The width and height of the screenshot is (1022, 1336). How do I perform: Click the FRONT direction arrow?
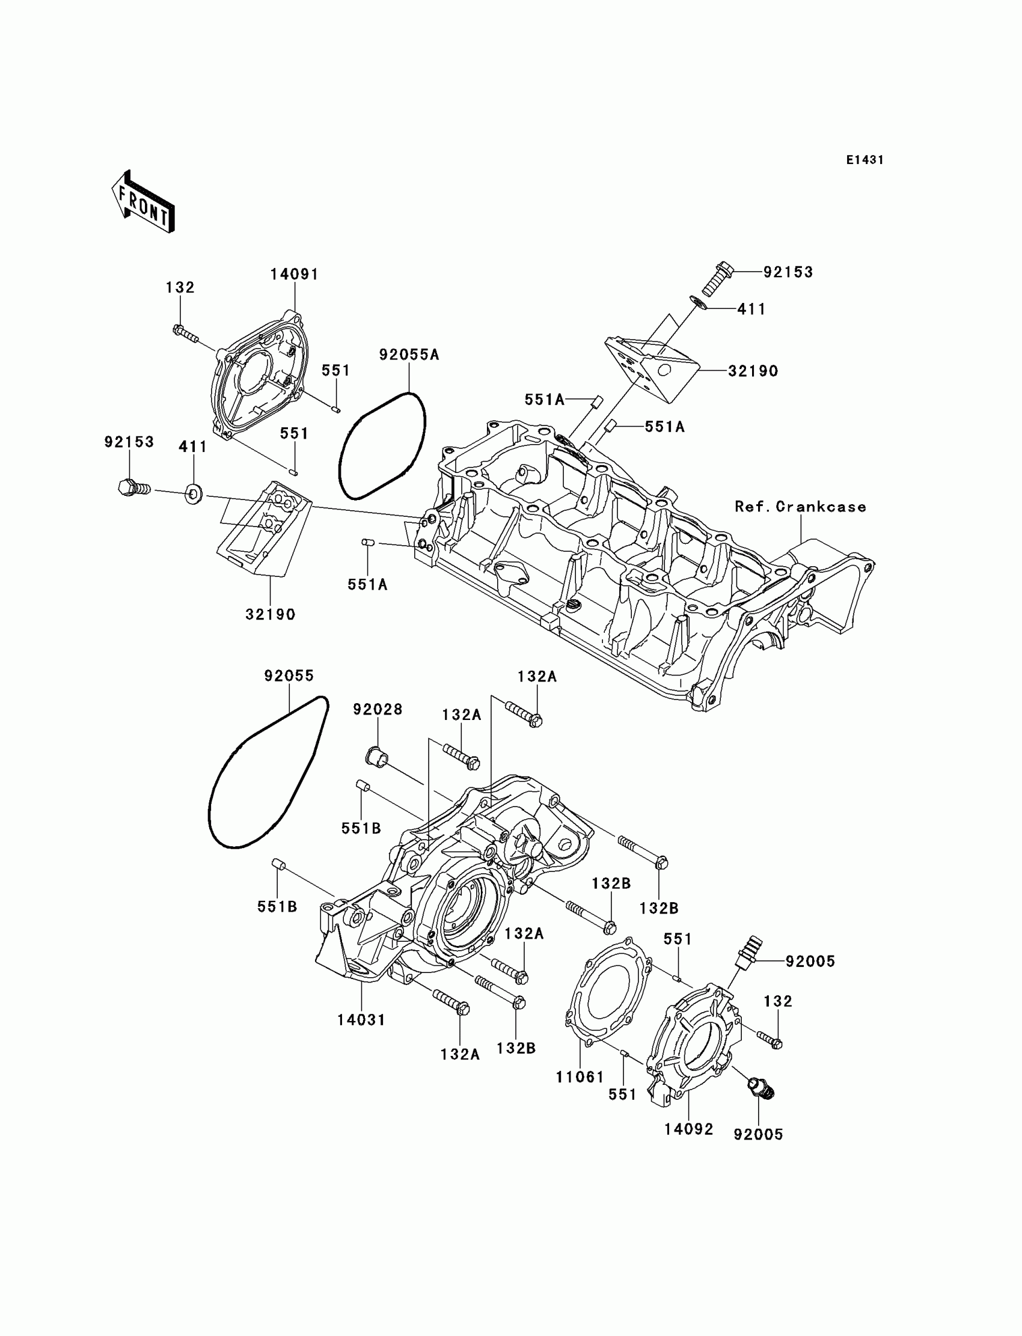[143, 202]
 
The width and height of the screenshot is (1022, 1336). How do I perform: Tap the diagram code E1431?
[864, 160]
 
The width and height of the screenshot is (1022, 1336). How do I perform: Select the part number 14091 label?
[295, 274]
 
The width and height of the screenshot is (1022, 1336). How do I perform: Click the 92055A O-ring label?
[409, 355]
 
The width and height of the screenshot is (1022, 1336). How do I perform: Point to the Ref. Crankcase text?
[800, 507]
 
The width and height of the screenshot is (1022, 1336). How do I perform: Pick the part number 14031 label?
[361, 1020]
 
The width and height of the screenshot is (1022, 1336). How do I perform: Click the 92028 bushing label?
[378, 709]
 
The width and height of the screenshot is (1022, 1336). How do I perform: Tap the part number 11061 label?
[580, 1077]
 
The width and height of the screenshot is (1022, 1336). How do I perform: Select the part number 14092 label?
[688, 1129]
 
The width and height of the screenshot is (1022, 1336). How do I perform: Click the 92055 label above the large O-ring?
[289, 676]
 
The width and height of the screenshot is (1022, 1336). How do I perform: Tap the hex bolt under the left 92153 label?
[132, 487]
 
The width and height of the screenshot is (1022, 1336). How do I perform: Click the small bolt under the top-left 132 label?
[186, 332]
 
